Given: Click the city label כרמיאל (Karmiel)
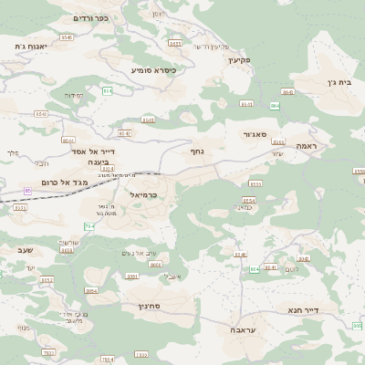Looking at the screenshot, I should (x=144, y=194).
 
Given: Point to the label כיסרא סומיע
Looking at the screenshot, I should (x=153, y=69).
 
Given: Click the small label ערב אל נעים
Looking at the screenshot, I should (x=141, y=253).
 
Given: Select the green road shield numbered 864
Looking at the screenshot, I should (x=275, y=106).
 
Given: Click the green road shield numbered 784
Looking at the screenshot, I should (x=89, y=226).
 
